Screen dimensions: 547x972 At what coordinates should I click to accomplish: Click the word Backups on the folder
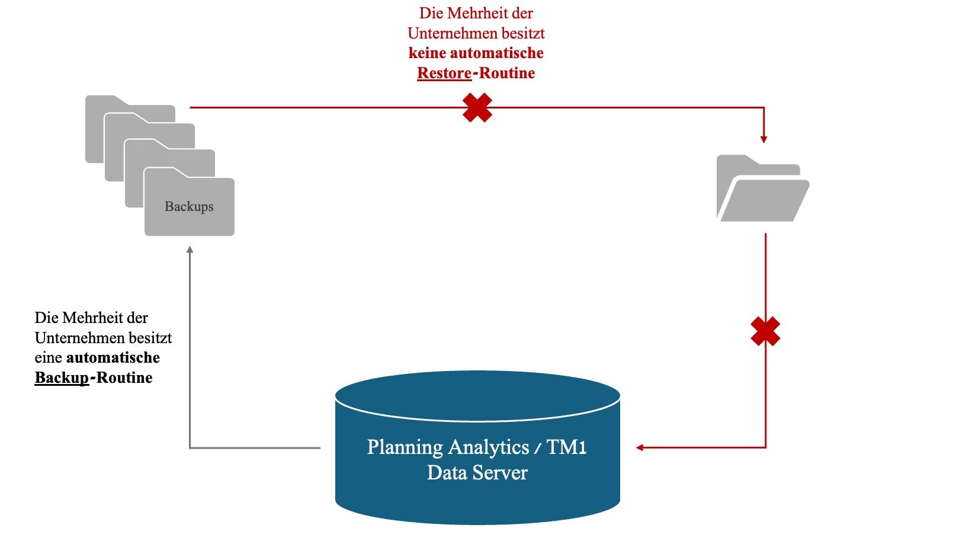coord(189,206)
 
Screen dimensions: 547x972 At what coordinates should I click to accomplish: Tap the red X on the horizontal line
coord(477,107)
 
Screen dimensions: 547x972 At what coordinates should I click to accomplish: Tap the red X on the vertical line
coord(765,331)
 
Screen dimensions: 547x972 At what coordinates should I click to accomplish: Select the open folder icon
coord(762,189)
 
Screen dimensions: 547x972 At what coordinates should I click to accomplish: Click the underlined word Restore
coord(444,73)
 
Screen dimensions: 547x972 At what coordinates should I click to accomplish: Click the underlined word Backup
coord(62,378)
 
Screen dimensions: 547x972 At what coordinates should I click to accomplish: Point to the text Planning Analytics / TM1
coord(477,447)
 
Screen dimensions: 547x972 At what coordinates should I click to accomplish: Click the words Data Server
coord(477,473)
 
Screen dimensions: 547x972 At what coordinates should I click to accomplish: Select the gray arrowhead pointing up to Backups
coord(190,250)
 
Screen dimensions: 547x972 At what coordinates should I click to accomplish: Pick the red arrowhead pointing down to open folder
coord(764,139)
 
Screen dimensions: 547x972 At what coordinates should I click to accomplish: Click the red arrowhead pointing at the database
coord(640,447)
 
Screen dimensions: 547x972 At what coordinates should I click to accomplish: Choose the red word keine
coord(427,53)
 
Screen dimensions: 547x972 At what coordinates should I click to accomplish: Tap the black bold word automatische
coord(113,357)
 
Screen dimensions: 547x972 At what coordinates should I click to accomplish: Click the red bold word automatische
coord(496,53)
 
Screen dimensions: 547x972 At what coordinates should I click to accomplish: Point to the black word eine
coord(48,357)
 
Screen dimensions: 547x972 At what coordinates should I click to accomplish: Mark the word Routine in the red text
coord(507,73)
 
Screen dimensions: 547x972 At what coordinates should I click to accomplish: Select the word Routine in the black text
coord(124,378)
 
